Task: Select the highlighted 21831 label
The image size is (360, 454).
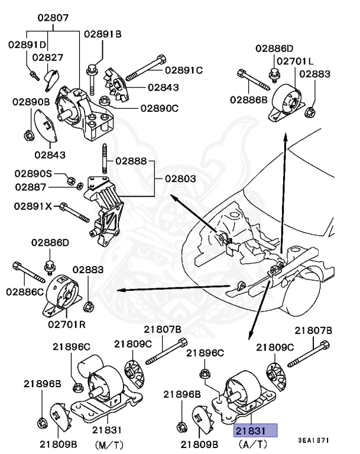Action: pyautogui.click(x=255, y=432)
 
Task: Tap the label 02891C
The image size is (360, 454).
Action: pyautogui.click(x=183, y=70)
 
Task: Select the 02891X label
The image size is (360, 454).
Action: pyautogui.click(x=34, y=207)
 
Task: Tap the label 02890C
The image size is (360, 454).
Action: pyautogui.click(x=159, y=108)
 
